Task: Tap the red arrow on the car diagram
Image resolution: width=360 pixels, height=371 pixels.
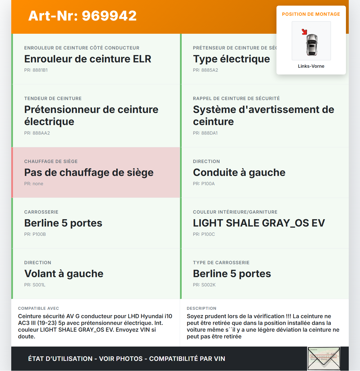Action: pyautogui.click(x=304, y=32)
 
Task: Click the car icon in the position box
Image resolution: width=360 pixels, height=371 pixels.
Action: pyautogui.click(x=312, y=45)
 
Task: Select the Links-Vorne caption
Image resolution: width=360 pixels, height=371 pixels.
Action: pyautogui.click(x=311, y=66)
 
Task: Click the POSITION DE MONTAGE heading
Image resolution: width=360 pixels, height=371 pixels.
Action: pyautogui.click(x=311, y=14)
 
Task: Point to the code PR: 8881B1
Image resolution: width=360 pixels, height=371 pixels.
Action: pyautogui.click(x=36, y=70)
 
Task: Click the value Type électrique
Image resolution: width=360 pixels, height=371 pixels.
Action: pyautogui.click(x=231, y=59)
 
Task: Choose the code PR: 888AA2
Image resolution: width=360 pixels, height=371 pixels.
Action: pyautogui.click(x=37, y=133)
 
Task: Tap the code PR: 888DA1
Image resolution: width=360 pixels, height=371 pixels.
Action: pyautogui.click(x=205, y=133)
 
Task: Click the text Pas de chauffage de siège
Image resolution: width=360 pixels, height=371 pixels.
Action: pyautogui.click(x=89, y=173)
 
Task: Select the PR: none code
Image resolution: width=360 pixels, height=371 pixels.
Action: pyautogui.click(x=33, y=184)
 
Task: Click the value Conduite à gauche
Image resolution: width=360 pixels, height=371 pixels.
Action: pyautogui.click(x=239, y=173)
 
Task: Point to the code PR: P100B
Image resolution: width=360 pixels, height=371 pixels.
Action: pyautogui.click(x=35, y=234)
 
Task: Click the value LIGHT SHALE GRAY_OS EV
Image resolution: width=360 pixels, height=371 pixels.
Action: pyautogui.click(x=259, y=223)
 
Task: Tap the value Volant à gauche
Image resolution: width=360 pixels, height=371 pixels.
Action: pyautogui.click(x=64, y=274)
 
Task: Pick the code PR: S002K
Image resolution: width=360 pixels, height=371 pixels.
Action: pyautogui.click(x=204, y=285)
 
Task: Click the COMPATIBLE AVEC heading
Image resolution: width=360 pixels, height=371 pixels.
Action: pyautogui.click(x=39, y=308)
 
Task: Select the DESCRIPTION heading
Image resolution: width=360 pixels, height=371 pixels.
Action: pyautogui.click(x=201, y=308)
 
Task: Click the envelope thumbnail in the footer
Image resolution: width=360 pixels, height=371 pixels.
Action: pyautogui.click(x=324, y=359)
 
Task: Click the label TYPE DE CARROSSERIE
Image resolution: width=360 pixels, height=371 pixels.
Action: pyautogui.click(x=221, y=263)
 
